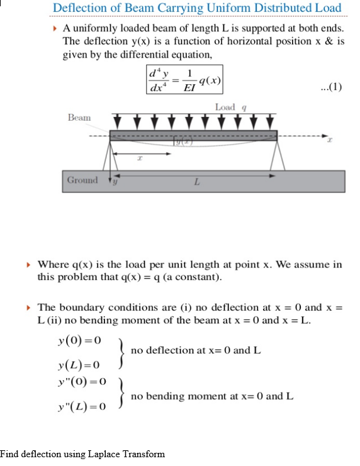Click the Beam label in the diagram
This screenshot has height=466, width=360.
tap(79, 118)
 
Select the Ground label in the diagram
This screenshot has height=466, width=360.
tap(82, 180)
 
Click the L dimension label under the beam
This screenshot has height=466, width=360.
tap(196, 182)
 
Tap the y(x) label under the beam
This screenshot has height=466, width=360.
tap(183, 144)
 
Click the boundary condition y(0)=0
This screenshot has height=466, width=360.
tap(79, 340)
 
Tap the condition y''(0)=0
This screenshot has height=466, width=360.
tap(81, 382)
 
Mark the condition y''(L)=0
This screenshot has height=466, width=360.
tap(81, 407)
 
